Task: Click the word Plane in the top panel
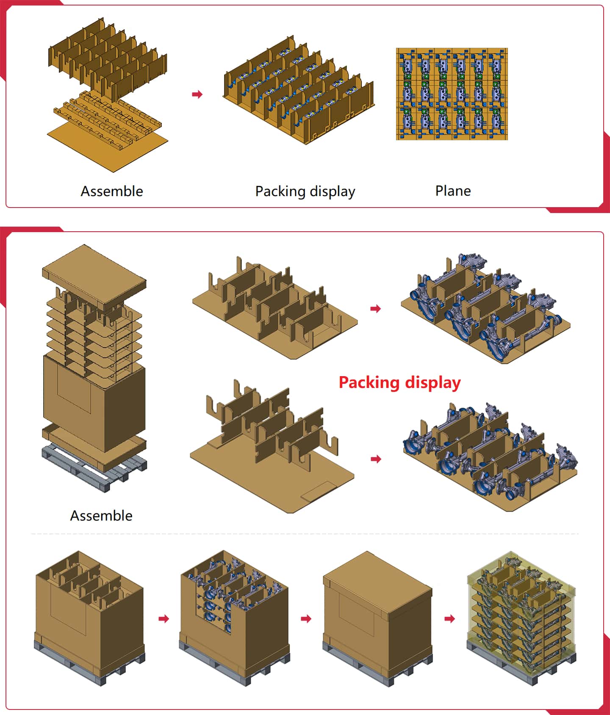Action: point(453,191)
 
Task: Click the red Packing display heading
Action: point(399,382)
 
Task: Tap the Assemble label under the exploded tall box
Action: point(101,515)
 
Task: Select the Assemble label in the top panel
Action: point(112,191)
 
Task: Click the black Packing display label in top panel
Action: point(305,191)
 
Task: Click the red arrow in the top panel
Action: point(197,94)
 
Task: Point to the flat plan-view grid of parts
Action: point(452,94)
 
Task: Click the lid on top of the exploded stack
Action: point(94,275)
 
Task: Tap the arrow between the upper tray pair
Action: point(376,309)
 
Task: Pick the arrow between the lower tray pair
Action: point(376,459)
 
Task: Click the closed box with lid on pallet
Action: point(377,614)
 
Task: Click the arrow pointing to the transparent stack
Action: point(450,619)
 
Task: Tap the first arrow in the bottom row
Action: point(164,619)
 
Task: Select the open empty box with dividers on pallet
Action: point(89,614)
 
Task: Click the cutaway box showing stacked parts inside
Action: point(234,614)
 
